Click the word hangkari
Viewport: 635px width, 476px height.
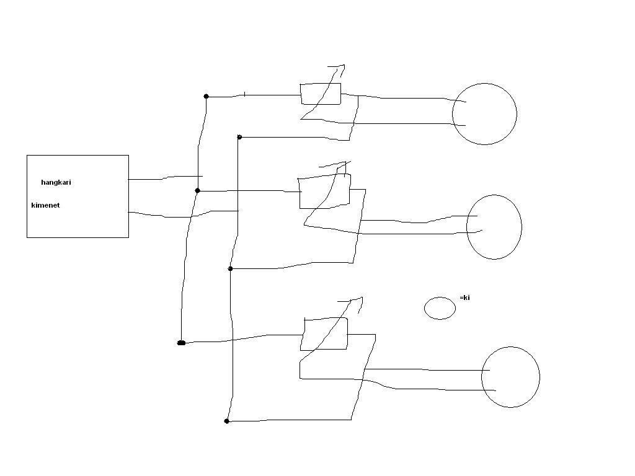pyautogui.click(x=56, y=183)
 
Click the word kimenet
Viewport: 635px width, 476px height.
pyautogui.click(x=45, y=205)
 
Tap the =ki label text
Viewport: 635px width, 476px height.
pyautogui.click(x=464, y=298)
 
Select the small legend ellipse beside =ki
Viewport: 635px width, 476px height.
pyautogui.click(x=440, y=308)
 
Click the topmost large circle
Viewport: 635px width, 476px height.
pyautogui.click(x=484, y=114)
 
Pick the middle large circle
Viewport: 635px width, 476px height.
pyautogui.click(x=494, y=227)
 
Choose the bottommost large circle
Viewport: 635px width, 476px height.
pyautogui.click(x=510, y=377)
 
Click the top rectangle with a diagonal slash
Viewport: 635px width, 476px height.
pyautogui.click(x=321, y=94)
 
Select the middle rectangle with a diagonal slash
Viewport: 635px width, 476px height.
pyautogui.click(x=324, y=192)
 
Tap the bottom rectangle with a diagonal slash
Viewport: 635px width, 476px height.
pyautogui.click(x=326, y=333)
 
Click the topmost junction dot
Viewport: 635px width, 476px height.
pyautogui.click(x=206, y=96)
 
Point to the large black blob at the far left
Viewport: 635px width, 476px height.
pyautogui.click(x=181, y=343)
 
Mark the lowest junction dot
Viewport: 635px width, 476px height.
pyautogui.click(x=227, y=421)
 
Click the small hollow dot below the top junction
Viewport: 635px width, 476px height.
pyautogui.click(x=239, y=137)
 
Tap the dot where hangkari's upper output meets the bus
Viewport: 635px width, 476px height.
pyautogui.click(x=198, y=191)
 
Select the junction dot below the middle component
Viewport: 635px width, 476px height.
pyautogui.click(x=231, y=269)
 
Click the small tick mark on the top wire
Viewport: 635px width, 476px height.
pyautogui.click(x=245, y=94)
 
